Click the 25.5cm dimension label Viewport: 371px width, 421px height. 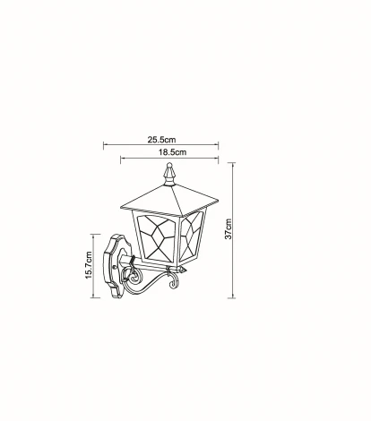pyautogui.click(x=161, y=140)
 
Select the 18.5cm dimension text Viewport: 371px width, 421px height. pyautogui.click(x=172, y=152)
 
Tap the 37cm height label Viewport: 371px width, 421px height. pyautogui.click(x=229, y=229)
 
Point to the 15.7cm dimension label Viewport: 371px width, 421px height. pyautogui.click(x=89, y=265)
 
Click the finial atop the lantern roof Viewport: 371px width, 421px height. pyautogui.click(x=169, y=174)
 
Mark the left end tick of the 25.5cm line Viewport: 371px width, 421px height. pyautogui.click(x=104, y=145)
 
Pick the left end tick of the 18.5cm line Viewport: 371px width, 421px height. pyautogui.click(x=121, y=159)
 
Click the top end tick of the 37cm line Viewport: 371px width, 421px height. pyautogui.click(x=231, y=163)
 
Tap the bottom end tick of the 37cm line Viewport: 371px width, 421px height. pyautogui.click(x=231, y=297)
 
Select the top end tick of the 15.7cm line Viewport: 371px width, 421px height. pyautogui.click(x=94, y=235)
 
